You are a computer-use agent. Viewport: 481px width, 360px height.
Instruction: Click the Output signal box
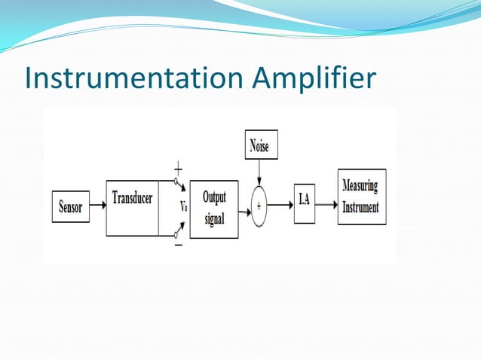(213, 209)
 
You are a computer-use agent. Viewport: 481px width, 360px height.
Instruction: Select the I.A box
(303, 202)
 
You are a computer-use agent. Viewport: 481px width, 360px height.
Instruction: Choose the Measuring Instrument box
(361, 197)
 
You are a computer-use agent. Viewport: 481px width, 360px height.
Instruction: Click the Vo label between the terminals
(183, 206)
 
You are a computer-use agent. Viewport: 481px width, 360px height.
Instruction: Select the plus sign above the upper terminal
(179, 169)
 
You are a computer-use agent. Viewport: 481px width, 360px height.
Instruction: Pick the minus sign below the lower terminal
(179, 246)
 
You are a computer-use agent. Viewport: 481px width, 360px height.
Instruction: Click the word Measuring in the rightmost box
(360, 187)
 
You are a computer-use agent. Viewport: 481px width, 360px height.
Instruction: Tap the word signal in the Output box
(214, 220)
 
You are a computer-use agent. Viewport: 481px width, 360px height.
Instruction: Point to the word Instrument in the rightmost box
(360, 207)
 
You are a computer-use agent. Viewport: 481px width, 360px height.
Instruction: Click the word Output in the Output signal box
(214, 197)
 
